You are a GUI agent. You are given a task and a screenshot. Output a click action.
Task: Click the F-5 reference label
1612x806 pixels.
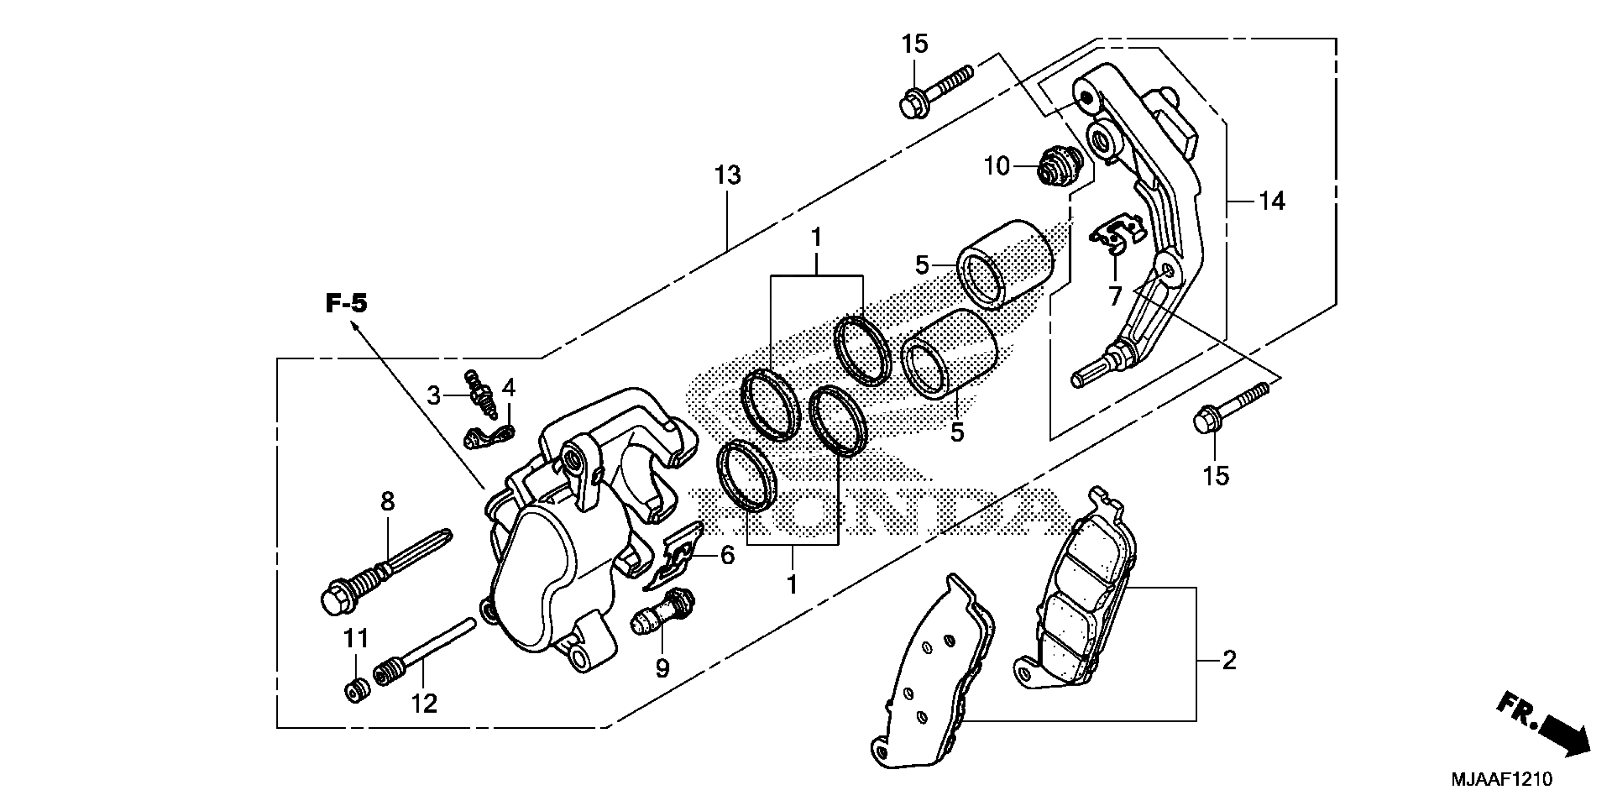[346, 304]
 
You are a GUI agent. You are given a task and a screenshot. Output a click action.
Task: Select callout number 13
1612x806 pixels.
[727, 176]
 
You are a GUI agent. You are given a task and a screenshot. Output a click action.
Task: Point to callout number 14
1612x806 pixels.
[1272, 201]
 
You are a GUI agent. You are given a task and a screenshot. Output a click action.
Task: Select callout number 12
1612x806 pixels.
[424, 704]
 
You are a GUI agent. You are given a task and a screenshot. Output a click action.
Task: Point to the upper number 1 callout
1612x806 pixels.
[816, 238]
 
